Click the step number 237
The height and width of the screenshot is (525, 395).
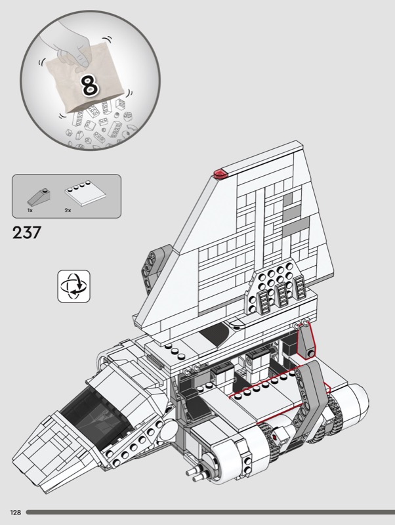[27, 232]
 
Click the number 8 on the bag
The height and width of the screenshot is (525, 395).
[90, 85]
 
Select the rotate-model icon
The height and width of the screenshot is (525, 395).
[73, 286]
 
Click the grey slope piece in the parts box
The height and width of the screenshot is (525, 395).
[39, 197]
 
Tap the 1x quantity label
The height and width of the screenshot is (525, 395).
[30, 211]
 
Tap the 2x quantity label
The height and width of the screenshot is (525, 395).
[68, 211]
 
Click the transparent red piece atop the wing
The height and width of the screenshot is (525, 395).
[221, 174]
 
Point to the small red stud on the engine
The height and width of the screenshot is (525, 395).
[275, 436]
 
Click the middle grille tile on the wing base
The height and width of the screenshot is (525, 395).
[281, 295]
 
